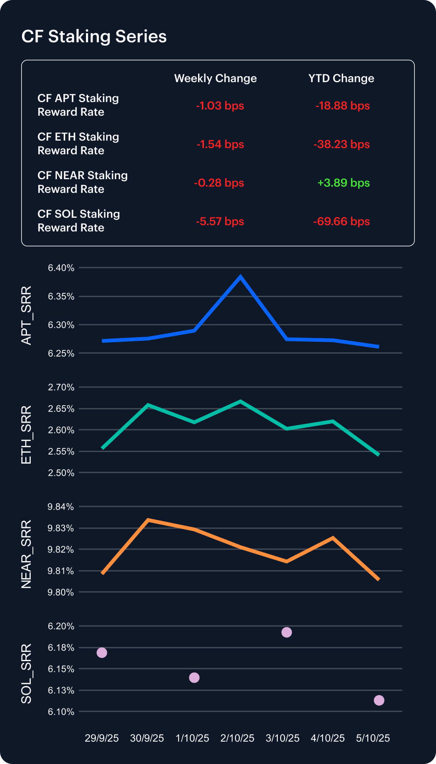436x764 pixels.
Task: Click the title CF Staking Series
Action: coord(94,36)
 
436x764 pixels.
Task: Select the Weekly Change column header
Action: coord(215,78)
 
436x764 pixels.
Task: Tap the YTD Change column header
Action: coord(341,78)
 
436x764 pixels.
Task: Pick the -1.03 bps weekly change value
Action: coord(220,106)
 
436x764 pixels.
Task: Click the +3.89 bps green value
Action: coord(343,183)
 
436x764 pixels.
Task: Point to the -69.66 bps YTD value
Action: coord(341,221)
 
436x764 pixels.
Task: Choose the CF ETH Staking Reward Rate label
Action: coord(78,144)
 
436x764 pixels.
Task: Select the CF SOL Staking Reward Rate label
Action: coord(79,221)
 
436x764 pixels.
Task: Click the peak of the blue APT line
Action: coord(240,277)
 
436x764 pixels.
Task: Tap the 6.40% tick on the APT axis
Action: coord(61,268)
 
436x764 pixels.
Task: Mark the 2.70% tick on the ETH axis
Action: coord(61,387)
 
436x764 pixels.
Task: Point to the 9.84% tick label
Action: coord(61,507)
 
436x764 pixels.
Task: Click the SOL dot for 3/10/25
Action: coord(287,633)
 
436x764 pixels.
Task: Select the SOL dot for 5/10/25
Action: coord(379,701)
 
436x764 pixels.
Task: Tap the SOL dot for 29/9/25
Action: coord(102,653)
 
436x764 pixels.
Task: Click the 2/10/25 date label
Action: coord(237,738)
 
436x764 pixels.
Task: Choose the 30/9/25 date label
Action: coord(147,738)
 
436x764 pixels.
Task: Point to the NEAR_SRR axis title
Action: coord(26,554)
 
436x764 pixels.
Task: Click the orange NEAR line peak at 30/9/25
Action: coord(148,520)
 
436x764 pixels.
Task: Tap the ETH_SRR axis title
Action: coord(26,435)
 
